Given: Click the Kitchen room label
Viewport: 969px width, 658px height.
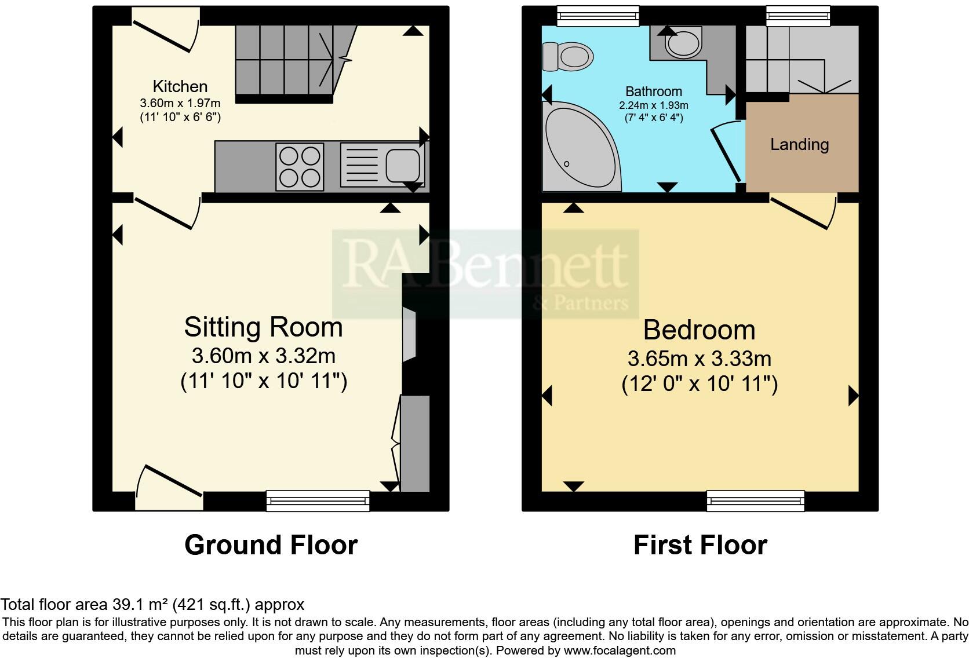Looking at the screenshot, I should coord(180,87).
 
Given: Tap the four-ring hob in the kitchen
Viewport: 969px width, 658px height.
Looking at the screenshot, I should coord(300,167).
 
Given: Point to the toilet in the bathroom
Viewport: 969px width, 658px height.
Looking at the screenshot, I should coord(569,57).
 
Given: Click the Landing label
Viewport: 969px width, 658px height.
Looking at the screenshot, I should coord(799,145).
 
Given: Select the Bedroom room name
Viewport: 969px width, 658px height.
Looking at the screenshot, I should coord(699,330).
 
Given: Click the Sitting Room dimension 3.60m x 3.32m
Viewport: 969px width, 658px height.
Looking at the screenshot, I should coord(264,355).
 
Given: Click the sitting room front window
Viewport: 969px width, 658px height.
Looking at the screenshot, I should coord(318,500).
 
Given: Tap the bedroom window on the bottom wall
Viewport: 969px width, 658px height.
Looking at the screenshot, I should coord(755,500).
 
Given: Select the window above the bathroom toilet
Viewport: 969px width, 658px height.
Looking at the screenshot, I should coord(598,16).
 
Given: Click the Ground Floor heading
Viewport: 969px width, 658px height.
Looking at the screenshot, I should coord(271,545).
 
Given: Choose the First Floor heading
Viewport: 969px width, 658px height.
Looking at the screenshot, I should coord(700,545).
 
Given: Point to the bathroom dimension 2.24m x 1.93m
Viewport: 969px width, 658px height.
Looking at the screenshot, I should coord(654,105).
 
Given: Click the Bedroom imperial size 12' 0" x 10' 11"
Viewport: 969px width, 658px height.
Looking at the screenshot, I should coord(700,385).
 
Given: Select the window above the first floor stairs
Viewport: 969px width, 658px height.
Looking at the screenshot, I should coord(797,16).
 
